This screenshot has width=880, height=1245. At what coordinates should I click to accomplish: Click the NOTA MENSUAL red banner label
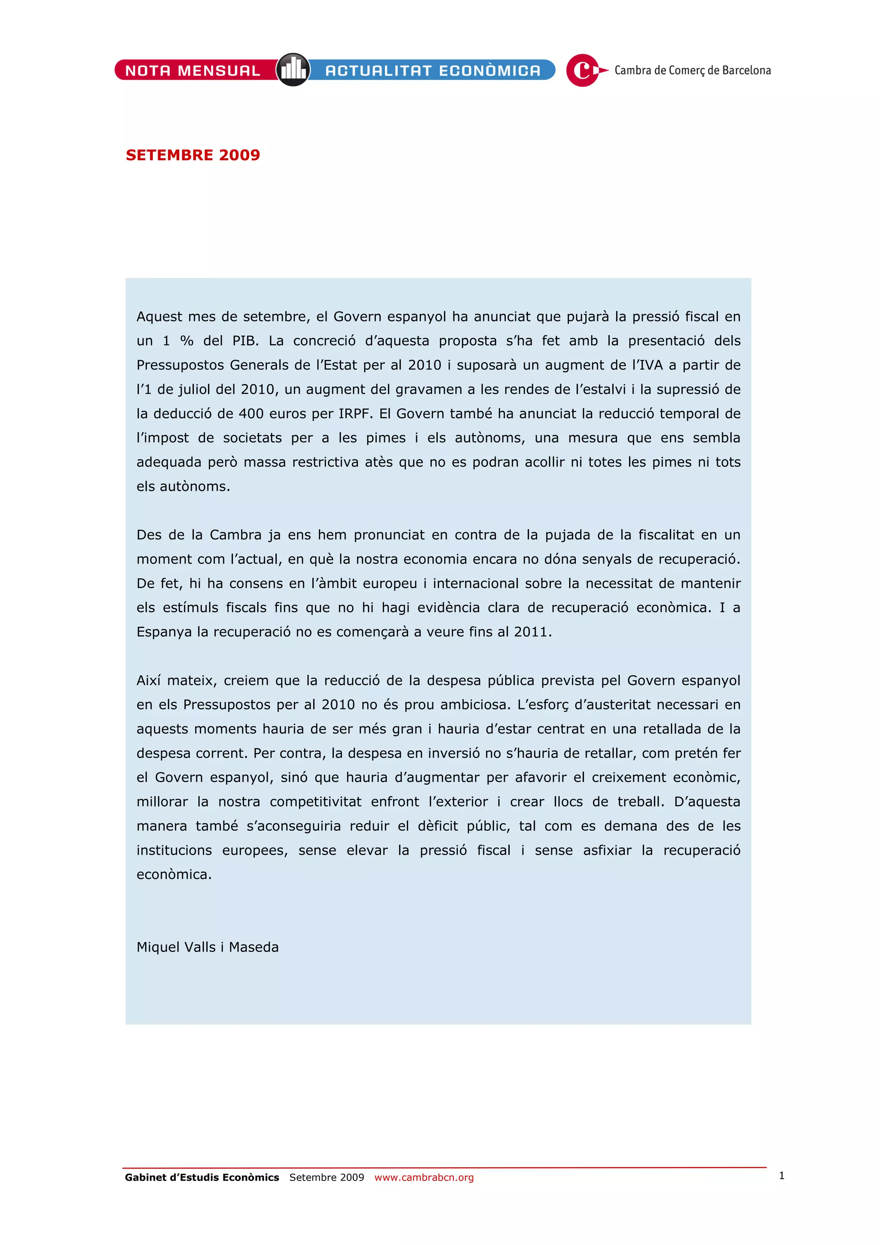pyautogui.click(x=193, y=70)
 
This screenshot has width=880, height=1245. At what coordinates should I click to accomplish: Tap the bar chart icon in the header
pyautogui.click(x=293, y=70)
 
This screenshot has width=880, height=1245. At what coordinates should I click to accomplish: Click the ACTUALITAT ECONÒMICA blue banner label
pyautogui.click(x=433, y=70)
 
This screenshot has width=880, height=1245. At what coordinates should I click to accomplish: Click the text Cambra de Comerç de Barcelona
pyautogui.click(x=692, y=70)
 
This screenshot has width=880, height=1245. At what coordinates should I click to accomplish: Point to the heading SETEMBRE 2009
pyautogui.click(x=193, y=155)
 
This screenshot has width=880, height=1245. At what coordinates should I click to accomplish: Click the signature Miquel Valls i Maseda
pyautogui.click(x=208, y=947)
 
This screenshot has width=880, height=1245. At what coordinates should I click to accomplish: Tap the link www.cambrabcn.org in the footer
pyautogui.click(x=424, y=1177)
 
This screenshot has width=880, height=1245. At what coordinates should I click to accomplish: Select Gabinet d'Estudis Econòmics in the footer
pyautogui.click(x=202, y=1177)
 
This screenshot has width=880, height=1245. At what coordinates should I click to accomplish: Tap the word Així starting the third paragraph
pyautogui.click(x=149, y=680)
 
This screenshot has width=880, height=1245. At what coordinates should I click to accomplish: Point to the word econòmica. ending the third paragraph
pyautogui.click(x=174, y=875)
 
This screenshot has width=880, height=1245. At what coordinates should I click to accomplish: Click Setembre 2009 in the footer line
pyautogui.click(x=327, y=1177)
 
